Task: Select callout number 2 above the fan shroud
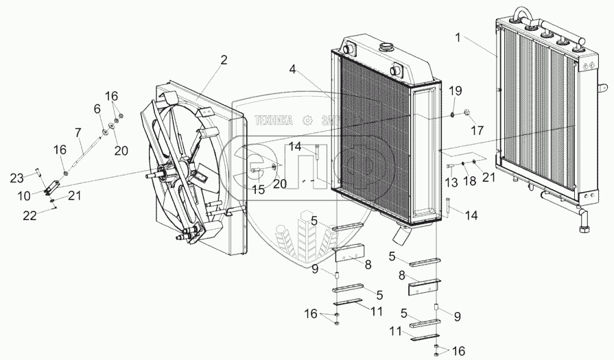[224, 60]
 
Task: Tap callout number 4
[293, 69]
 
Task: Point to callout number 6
[97, 108]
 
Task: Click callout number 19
[456, 91]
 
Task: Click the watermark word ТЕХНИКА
[274, 120]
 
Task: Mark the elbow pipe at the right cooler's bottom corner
[582, 223]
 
